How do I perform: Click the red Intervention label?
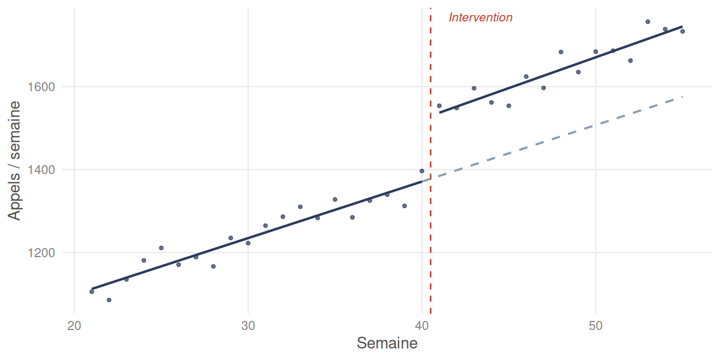481,18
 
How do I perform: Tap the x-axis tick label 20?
74,326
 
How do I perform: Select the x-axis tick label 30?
248,326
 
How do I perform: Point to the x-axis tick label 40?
422,326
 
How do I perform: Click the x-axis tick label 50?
596,326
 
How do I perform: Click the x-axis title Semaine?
387,343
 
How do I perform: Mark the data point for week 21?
92,291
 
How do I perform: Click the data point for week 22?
109,300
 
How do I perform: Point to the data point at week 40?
422,171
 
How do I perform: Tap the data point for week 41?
439,106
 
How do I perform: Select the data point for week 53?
648,21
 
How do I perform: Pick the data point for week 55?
682,31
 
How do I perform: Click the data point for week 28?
213,266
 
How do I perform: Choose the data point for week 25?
161,248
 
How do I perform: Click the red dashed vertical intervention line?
431,241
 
